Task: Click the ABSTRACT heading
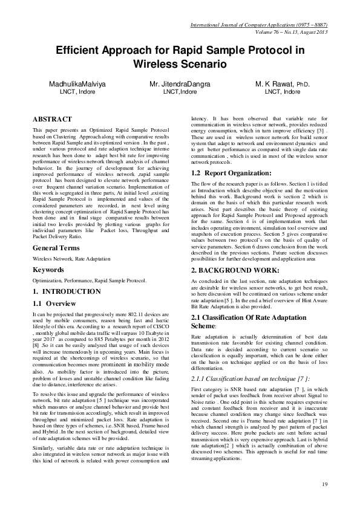coord(52,120)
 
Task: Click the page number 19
coord(324,484)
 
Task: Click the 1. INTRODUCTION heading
coord(67,291)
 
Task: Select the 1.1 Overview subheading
coord(54,303)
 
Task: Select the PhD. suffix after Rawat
coord(303,85)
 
